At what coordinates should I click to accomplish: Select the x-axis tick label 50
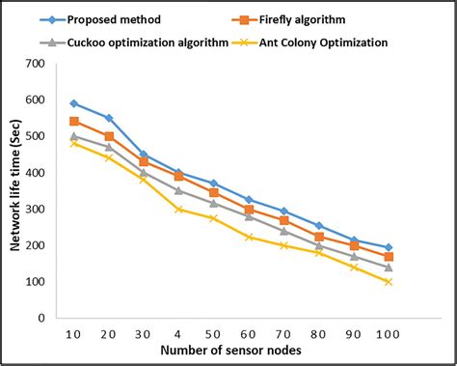(214, 333)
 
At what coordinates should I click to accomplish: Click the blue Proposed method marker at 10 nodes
(75, 103)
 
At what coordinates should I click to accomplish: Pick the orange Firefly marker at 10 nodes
(75, 122)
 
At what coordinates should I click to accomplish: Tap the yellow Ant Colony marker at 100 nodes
(388, 282)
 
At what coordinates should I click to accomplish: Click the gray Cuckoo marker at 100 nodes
(388, 267)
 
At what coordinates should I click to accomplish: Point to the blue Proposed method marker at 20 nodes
(110, 118)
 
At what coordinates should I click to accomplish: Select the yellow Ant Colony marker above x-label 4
(179, 209)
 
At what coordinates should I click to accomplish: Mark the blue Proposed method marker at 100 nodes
(388, 247)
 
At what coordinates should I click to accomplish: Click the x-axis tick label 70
(283, 333)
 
